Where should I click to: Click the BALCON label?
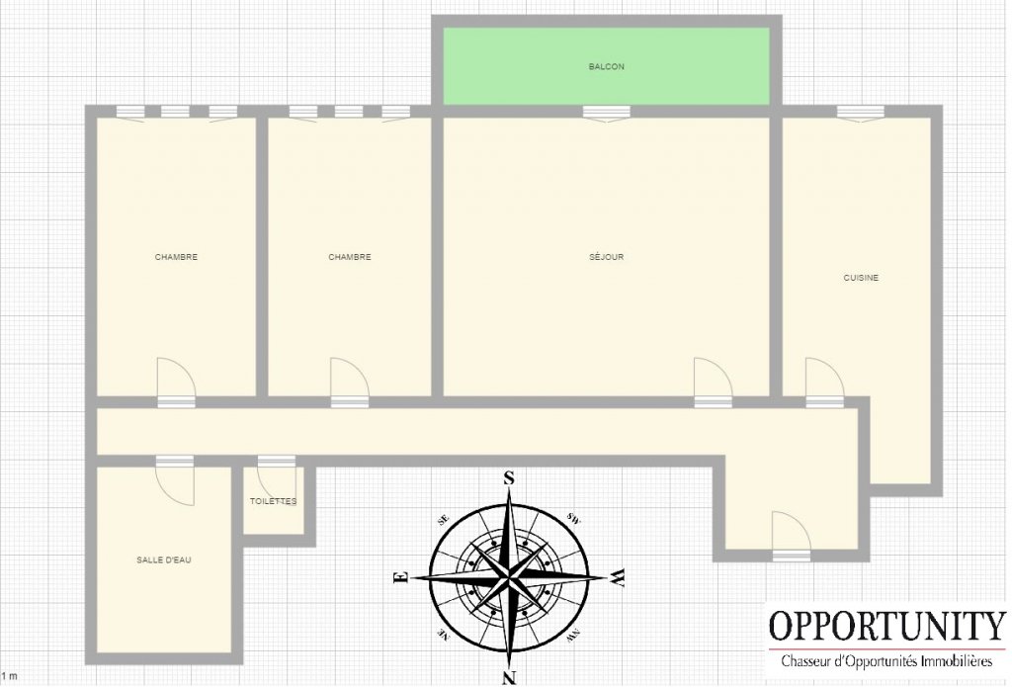point(606,66)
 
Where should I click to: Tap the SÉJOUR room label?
point(606,257)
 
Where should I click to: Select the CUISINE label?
point(861,278)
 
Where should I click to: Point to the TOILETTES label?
point(274,501)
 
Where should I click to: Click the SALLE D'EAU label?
point(164,559)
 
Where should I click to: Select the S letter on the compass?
point(509,477)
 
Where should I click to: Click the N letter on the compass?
point(509,677)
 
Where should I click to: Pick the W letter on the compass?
point(618,577)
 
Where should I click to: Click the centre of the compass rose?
point(510,576)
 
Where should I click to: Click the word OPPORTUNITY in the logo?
point(886,625)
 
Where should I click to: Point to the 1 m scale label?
point(9,676)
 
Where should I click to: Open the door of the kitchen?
point(825,383)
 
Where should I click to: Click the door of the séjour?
point(714,383)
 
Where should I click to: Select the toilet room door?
point(277,476)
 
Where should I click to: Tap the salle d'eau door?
point(174,480)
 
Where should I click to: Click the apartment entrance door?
point(792,536)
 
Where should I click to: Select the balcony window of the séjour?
point(606,113)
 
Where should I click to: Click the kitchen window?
point(861,113)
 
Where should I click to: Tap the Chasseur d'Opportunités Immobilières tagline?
point(886,661)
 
